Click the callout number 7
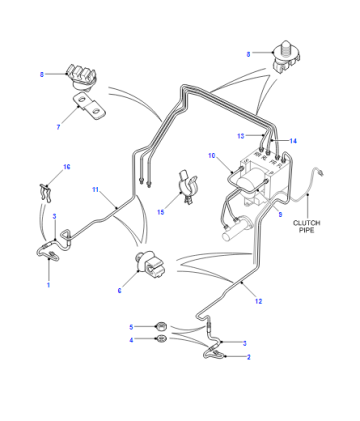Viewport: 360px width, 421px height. tap(58, 127)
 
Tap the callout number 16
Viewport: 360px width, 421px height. tap(67, 167)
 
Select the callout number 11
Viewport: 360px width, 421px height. tap(96, 190)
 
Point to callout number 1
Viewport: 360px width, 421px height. tap(48, 285)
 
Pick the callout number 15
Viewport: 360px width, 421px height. tap(161, 212)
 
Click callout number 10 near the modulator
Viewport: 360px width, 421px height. tap(212, 156)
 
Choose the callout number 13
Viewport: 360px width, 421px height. tap(241, 136)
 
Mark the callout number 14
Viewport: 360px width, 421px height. tap(293, 141)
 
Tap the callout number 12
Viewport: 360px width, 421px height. tap(259, 301)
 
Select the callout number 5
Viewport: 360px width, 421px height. tap(131, 327)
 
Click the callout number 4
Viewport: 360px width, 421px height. tap(131, 340)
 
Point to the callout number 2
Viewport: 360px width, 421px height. tap(249, 357)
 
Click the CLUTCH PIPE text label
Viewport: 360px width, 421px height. tap(306, 226)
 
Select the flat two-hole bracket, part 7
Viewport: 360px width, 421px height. tap(89, 107)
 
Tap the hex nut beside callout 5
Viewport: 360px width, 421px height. tap(162, 325)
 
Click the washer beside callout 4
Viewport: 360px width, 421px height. tap(162, 338)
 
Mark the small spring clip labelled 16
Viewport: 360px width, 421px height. tap(46, 193)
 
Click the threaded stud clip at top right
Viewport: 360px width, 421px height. tap(285, 57)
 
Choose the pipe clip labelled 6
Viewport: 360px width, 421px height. tap(149, 265)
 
